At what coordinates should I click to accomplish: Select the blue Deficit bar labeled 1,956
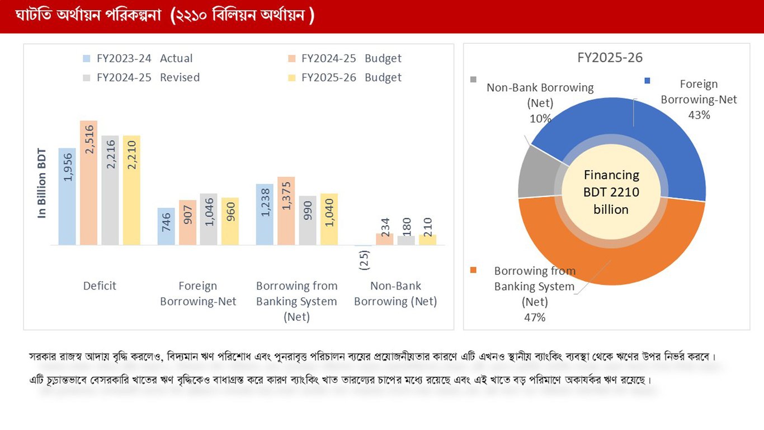tap(67, 197)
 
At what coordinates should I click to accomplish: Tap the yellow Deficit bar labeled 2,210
tap(131, 190)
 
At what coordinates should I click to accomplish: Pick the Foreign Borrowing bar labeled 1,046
tap(209, 219)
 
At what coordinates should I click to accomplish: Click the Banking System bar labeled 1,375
tap(286, 211)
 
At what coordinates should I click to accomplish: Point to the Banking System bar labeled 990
tap(308, 221)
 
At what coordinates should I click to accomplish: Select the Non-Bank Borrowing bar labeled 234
tap(384, 240)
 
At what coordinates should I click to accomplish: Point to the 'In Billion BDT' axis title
tap(42, 183)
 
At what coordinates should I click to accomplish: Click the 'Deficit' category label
tap(100, 286)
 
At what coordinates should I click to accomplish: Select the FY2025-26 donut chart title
tap(610, 58)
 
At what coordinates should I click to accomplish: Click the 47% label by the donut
tap(534, 317)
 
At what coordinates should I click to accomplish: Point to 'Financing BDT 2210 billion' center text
tap(611, 192)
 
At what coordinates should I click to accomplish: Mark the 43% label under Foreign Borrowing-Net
tap(699, 115)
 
